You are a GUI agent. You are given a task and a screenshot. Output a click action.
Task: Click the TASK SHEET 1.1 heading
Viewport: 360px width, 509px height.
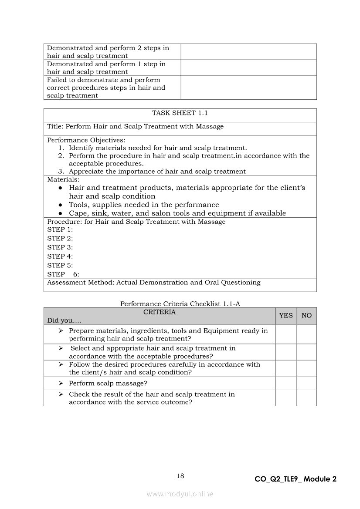coord(180,113)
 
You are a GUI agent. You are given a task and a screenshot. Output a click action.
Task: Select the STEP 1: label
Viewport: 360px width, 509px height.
coord(60,229)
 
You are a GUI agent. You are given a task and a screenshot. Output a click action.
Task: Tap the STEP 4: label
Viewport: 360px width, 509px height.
coord(60,256)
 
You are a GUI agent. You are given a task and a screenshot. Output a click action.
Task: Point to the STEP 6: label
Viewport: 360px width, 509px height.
coord(63,274)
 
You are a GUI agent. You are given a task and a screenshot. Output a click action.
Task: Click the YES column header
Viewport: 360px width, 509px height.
coord(286,316)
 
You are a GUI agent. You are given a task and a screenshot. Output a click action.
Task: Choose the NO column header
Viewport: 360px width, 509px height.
coord(307,316)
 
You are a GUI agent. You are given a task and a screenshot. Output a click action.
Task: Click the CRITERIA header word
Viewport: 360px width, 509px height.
coord(160,312)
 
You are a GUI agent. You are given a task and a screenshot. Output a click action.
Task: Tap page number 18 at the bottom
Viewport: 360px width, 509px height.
coord(180,476)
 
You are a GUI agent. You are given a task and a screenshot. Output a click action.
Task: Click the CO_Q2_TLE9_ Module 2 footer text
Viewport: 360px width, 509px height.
coord(295,479)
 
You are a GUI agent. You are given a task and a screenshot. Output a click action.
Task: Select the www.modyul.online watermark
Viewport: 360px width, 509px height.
coord(180,494)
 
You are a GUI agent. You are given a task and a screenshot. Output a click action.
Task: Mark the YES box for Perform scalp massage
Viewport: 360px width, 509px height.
coord(286,383)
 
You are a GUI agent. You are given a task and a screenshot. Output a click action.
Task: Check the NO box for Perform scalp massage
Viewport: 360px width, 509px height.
coord(307,383)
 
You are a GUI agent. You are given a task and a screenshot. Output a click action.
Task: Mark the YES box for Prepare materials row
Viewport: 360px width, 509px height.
coord(286,334)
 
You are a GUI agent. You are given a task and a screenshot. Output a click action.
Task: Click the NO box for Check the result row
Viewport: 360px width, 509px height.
coord(307,398)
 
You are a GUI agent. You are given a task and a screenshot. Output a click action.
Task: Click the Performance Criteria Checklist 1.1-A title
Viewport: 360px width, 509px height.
coord(180,304)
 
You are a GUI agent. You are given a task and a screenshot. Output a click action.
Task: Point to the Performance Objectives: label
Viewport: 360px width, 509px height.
coord(86,140)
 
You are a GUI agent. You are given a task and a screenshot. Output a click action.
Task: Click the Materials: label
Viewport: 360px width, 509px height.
coord(63,179)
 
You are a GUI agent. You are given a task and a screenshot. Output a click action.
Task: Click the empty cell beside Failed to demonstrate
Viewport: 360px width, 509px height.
coord(248,88)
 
